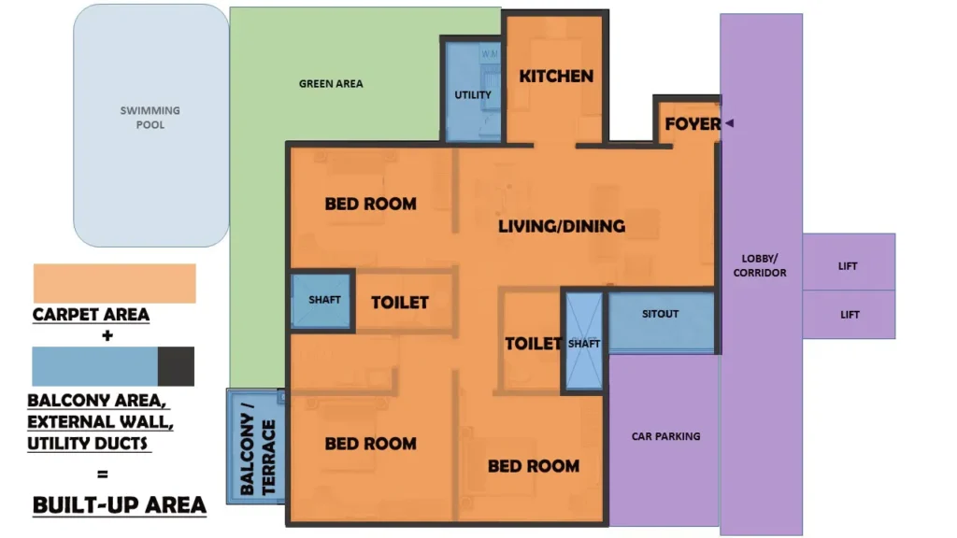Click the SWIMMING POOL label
pos(150,117)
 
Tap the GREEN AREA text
pos(331,84)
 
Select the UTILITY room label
pos(473,95)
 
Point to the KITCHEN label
pos(556,76)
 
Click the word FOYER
pos(693,123)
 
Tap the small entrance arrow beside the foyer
pos(729,123)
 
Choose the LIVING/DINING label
pos(561,226)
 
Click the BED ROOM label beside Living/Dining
pos(370,204)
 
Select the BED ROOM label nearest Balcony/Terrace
pos(370,444)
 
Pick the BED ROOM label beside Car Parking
pos(533,465)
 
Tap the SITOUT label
pos(660,314)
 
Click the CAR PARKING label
pos(665,436)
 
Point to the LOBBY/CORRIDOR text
pos(760,265)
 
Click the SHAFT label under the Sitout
pos(584,344)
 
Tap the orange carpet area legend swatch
pos(114,283)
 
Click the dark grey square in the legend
pos(176,366)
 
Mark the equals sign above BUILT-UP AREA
pos(102,474)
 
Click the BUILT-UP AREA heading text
pos(119,504)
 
